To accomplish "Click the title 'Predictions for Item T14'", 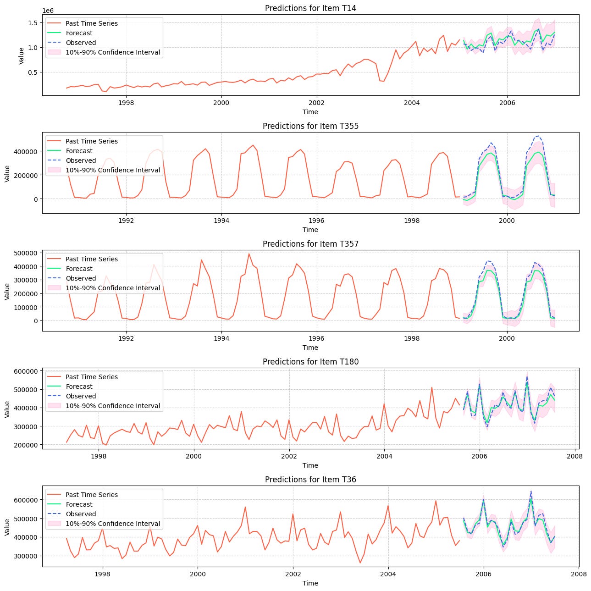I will point(310,8).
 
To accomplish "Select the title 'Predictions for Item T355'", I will point(310,126).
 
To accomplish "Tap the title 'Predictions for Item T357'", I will point(310,244).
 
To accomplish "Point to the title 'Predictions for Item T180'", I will point(310,362).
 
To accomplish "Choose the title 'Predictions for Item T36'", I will point(310,480).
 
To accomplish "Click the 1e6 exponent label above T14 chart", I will point(49,10).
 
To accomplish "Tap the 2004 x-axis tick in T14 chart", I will point(412,103).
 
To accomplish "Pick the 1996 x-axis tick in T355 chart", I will point(316,221).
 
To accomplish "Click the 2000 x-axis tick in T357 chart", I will point(507,338).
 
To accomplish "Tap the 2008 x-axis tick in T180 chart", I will point(574,456).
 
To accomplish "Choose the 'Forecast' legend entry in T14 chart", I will point(79,33).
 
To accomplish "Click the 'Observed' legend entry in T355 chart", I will point(81,160).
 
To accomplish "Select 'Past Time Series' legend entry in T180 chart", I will point(91,377).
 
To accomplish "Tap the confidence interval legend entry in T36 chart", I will point(113,524).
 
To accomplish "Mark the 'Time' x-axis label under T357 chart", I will point(310,348).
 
